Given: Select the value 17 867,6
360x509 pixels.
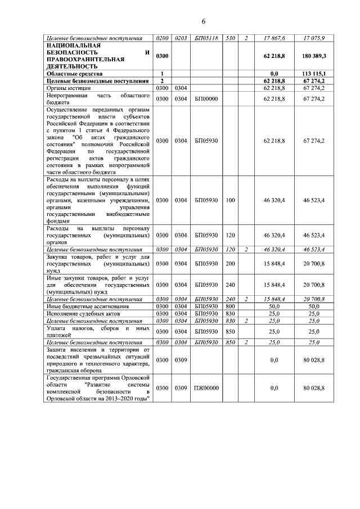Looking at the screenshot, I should click(x=274, y=38).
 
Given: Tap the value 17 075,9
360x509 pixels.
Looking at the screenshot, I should click(x=314, y=38).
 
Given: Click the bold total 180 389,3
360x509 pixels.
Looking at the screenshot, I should click(x=314, y=56).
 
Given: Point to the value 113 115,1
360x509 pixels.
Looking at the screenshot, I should click(x=314, y=73).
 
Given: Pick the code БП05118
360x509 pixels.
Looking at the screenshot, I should click(x=202, y=38).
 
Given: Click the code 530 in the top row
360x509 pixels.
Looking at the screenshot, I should click(x=229, y=38).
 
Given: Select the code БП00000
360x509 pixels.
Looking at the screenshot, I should click(x=202, y=99).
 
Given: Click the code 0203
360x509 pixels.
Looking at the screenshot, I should click(x=181, y=38).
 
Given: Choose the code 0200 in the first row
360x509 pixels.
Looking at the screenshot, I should click(x=162, y=38).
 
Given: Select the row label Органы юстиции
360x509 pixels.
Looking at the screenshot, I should click(x=69, y=88).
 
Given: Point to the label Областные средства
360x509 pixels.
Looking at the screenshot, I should click(x=75, y=73).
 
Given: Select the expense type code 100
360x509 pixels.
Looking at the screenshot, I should click(x=229, y=200).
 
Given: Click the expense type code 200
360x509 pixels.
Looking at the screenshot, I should click(x=229, y=263).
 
